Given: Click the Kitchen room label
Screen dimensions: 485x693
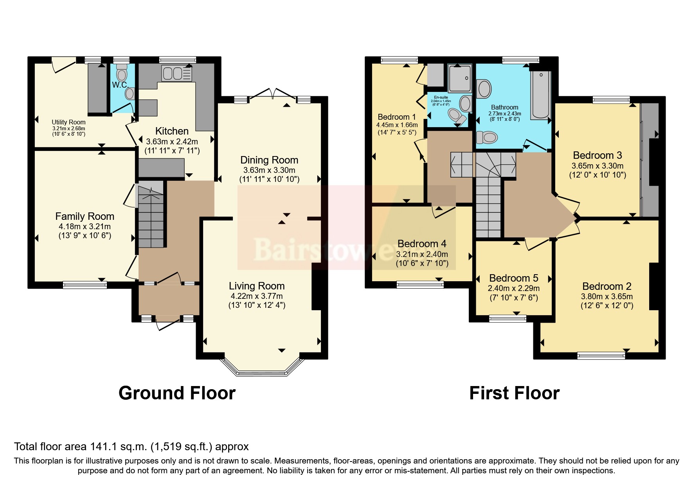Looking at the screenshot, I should [172, 131].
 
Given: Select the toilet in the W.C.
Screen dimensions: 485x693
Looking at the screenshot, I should [122, 74].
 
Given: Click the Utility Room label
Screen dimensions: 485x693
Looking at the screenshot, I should [68, 122].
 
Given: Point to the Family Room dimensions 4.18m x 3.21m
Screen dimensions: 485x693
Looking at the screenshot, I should [85, 226].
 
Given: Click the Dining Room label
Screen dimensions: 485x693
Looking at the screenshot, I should [269, 160].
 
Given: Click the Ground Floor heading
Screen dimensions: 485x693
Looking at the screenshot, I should [177, 393].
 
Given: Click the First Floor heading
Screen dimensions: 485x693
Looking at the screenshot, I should [514, 393].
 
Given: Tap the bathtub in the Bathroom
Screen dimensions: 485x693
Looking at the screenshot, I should [540, 95].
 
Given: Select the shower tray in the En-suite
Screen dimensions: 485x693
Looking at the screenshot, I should [460, 78].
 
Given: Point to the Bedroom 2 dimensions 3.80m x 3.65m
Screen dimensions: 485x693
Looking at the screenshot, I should [607, 296].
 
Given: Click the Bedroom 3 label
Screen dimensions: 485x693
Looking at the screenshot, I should [597, 155].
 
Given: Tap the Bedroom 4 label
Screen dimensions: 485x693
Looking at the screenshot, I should [422, 244].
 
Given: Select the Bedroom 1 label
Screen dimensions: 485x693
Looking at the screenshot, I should [396, 117].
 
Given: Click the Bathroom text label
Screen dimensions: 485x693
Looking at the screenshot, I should [504, 107].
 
